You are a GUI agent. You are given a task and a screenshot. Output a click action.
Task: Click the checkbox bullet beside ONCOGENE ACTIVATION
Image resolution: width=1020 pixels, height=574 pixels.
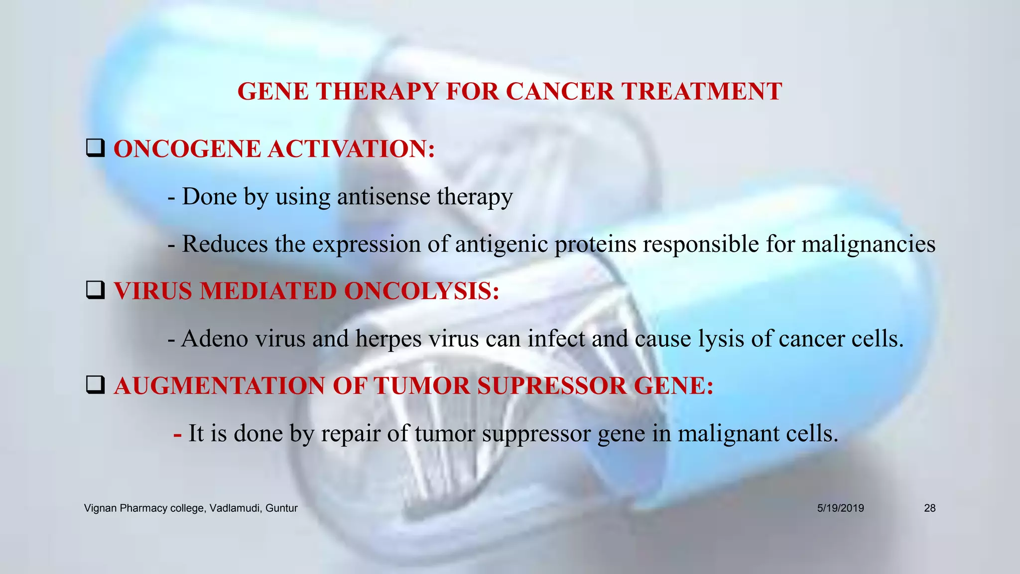click(x=95, y=148)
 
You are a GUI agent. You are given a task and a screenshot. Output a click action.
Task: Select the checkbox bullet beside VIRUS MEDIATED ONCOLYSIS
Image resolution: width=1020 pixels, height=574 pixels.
click(x=95, y=290)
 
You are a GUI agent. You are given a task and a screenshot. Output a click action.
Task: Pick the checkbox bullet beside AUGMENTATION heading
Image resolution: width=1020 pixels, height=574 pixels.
click(x=95, y=385)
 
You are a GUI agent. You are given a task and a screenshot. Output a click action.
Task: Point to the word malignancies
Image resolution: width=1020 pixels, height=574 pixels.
click(x=868, y=244)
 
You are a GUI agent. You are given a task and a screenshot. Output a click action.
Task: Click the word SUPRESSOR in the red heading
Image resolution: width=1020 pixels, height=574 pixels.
click(x=552, y=386)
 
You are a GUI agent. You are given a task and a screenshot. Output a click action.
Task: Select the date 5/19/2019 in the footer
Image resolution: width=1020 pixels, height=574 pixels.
click(x=840, y=508)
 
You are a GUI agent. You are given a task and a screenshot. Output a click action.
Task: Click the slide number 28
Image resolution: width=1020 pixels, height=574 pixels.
click(x=929, y=508)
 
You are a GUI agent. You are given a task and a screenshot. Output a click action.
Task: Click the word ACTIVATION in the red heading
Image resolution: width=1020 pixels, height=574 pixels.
click(x=352, y=149)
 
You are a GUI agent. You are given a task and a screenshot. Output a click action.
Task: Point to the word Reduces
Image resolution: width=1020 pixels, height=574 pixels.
click(x=225, y=244)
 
